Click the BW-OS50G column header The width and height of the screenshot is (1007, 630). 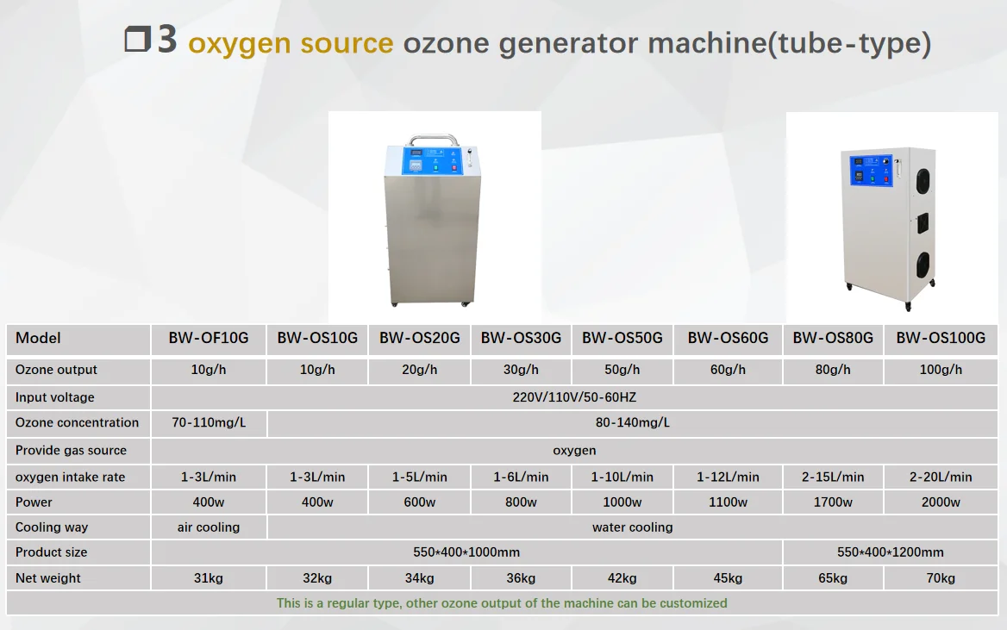click(622, 339)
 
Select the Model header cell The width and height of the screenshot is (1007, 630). click(38, 339)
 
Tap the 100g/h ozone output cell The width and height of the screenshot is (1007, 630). click(940, 370)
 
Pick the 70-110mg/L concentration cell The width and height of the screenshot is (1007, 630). click(209, 423)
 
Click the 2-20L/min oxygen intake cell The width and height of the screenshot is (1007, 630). click(940, 477)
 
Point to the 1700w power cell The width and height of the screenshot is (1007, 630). click(833, 502)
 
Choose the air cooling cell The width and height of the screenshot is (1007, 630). click(209, 527)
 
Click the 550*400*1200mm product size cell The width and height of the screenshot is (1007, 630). click(890, 552)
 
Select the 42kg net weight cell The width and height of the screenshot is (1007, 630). click(622, 578)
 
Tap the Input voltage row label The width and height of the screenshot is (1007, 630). click(55, 397)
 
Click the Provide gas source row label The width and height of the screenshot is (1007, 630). click(71, 450)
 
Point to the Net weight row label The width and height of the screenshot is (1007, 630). click(48, 578)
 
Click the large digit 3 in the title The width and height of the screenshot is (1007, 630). click(167, 41)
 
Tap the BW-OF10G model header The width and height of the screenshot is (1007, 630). click(209, 339)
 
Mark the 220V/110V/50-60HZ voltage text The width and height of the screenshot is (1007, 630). click(573, 397)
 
